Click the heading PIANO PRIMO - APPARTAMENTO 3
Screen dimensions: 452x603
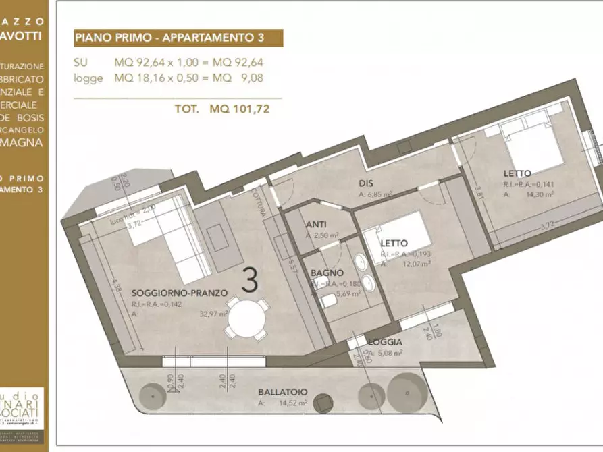[178, 38]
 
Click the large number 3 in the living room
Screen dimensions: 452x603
[250, 281]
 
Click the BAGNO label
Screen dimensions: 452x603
[324, 273]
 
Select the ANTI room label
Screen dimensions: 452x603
[317, 225]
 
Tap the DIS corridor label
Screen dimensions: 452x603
[366, 182]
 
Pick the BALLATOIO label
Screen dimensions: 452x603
[283, 391]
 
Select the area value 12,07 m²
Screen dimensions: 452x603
[417, 264]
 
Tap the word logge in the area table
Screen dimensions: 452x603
[88, 78]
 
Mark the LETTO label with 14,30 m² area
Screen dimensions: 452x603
[517, 173]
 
